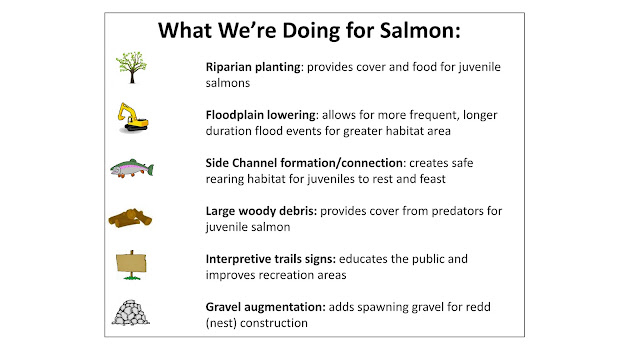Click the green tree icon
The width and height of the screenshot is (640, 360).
pos(131,67)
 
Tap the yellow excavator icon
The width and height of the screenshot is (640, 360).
pos(133,118)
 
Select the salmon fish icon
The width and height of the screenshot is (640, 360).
pos(132,168)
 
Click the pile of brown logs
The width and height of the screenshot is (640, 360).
pos(130,218)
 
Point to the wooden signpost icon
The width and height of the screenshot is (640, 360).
pos(131,265)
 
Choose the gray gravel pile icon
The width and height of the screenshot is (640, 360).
pos(131,313)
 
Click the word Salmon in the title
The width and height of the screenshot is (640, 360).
pos(420,31)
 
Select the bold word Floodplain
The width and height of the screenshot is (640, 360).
pos(234,115)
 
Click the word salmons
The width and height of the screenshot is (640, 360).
pos(228,83)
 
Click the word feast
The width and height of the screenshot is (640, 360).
pos(433,179)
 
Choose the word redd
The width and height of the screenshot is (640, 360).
pos(478,307)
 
